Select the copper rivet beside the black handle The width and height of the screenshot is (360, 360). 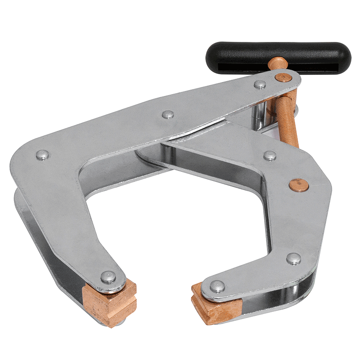(282, 77)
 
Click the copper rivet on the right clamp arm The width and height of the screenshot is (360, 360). (298, 184)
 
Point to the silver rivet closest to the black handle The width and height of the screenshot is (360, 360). (260, 84)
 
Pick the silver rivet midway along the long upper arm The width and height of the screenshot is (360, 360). (168, 114)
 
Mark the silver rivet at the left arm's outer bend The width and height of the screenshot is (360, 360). (42, 155)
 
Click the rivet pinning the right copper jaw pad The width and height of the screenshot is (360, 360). (217, 286)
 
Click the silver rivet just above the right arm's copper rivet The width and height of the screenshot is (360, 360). (270, 156)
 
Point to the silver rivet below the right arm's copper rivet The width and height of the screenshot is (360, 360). (294, 258)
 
